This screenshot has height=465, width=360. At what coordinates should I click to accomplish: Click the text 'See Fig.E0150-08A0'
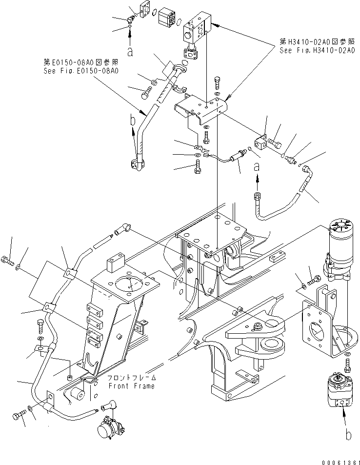(x=81, y=71)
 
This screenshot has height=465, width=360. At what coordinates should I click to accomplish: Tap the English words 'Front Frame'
(x=131, y=386)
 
